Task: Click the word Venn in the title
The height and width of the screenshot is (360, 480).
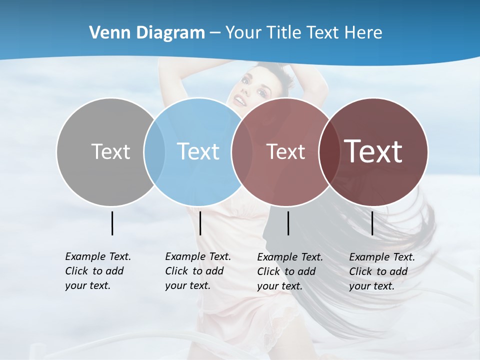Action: pyautogui.click(x=106, y=32)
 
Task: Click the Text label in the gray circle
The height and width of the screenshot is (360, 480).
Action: pyautogui.click(x=110, y=151)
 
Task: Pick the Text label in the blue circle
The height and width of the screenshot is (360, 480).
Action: pyautogui.click(x=198, y=151)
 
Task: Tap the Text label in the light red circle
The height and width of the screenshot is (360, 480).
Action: pyautogui.click(x=285, y=151)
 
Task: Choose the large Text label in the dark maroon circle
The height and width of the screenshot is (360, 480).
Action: pyautogui.click(x=373, y=151)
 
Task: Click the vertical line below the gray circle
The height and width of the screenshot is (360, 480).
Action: pyautogui.click(x=112, y=223)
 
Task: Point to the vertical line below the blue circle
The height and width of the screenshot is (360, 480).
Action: pyautogui.click(x=200, y=223)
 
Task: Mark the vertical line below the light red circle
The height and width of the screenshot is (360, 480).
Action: pyautogui.click(x=288, y=223)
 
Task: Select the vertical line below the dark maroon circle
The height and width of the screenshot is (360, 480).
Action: pyautogui.click(x=372, y=223)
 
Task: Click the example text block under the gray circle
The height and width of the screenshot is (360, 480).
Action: pyautogui.click(x=97, y=271)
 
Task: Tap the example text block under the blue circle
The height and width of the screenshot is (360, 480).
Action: pyautogui.click(x=197, y=271)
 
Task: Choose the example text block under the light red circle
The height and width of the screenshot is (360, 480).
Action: pyautogui.click(x=289, y=271)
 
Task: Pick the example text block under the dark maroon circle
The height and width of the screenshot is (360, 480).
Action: pyautogui.click(x=381, y=271)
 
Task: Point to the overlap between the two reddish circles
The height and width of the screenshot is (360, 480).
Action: pyautogui.click(x=327, y=151)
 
